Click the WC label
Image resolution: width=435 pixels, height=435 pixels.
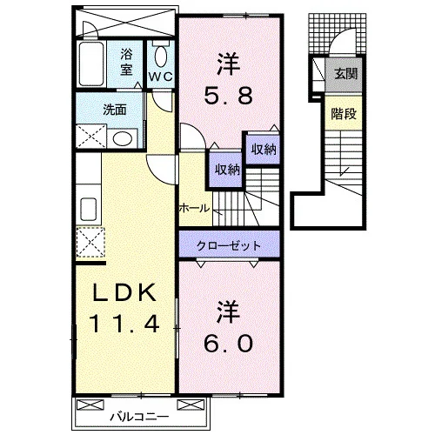click(x=161, y=77)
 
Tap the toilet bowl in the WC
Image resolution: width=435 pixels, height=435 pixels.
click(x=161, y=57)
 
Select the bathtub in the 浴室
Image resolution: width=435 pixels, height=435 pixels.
click(x=91, y=64)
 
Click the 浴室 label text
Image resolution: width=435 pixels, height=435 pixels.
click(x=126, y=62)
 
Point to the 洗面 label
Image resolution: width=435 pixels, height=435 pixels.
click(x=115, y=110)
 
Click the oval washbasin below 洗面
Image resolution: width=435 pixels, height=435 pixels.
click(x=123, y=139)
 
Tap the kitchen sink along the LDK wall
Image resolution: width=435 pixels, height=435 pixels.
click(x=89, y=209)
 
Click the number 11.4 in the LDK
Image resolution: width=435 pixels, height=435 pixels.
click(x=124, y=324)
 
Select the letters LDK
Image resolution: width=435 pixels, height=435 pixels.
click(x=124, y=293)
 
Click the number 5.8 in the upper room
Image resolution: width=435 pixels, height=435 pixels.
click(x=229, y=96)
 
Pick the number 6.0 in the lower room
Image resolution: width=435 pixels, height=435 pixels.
click(x=229, y=344)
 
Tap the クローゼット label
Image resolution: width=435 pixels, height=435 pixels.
click(x=229, y=246)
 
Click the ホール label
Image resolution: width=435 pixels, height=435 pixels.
click(x=194, y=208)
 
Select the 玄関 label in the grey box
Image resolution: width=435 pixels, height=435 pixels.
click(x=346, y=74)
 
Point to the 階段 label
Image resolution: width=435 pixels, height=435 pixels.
click(x=344, y=114)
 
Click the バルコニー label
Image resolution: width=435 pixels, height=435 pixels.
click(x=139, y=418)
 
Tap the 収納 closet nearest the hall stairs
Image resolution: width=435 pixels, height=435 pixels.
click(x=227, y=169)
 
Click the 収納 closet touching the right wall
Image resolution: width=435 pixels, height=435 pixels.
click(x=263, y=150)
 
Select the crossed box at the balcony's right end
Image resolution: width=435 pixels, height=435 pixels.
click(x=191, y=405)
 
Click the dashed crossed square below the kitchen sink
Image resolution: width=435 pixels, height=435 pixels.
click(x=90, y=243)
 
